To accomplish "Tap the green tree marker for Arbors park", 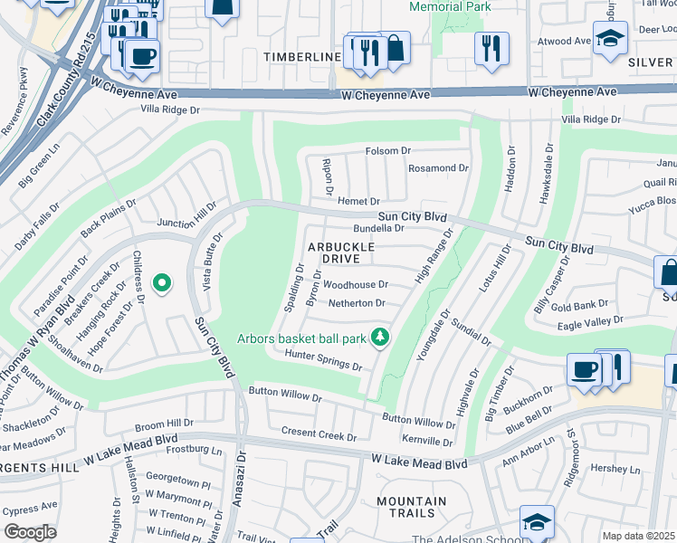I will [381, 338].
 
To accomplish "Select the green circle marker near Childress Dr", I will [162, 283].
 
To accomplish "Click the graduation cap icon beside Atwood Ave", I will [610, 38].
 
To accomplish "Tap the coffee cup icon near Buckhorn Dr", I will [585, 369].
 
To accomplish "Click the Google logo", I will [30, 532].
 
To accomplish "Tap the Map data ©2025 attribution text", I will [639, 536].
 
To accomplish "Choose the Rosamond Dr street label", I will [438, 168].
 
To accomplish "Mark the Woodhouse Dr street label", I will [356, 285].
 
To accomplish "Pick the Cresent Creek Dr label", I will [319, 435].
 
